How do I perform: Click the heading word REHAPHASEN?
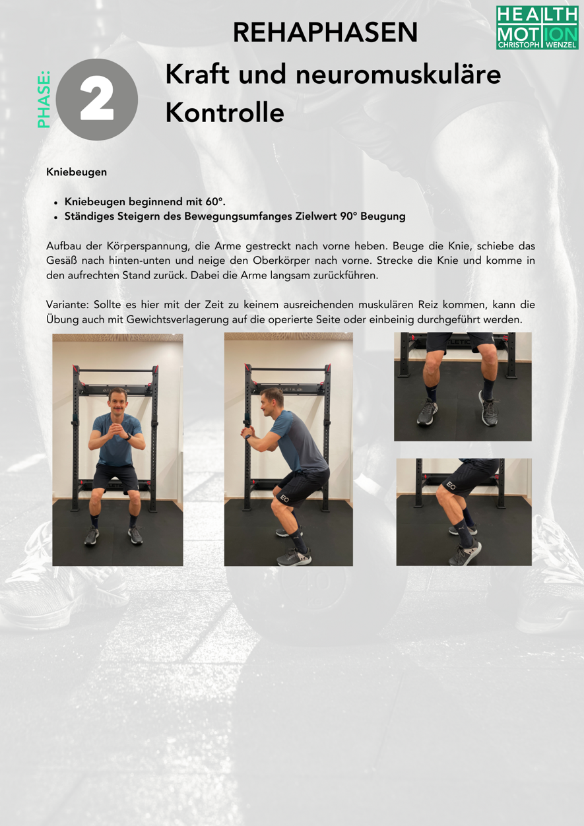tap(325, 32)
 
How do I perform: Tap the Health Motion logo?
tap(537, 28)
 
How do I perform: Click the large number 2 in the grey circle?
tap(96, 100)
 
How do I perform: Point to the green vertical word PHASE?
tap(44, 99)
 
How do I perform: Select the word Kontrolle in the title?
tap(224, 112)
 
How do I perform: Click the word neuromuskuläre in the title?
tap(398, 74)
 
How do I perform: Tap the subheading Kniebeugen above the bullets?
tap(77, 172)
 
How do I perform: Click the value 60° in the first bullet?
tap(215, 202)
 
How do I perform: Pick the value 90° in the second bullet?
tap(348, 216)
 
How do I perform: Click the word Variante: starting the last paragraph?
tap(67, 305)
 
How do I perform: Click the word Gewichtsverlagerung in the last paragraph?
tap(178, 320)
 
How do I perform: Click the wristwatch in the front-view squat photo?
tap(128, 437)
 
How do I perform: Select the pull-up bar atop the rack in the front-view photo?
tap(116, 369)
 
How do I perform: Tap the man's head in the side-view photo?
tap(270, 401)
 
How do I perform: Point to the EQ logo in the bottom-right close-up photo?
tap(451, 485)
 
